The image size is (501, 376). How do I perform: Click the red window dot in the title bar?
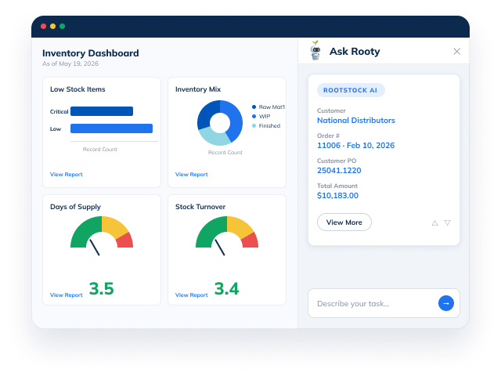tap(44, 26)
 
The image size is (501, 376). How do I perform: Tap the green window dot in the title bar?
tap(63, 26)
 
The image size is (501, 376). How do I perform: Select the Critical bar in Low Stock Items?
tap(102, 111)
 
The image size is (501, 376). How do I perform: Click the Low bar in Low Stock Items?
tap(111, 128)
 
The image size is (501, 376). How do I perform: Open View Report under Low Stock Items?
tap(66, 174)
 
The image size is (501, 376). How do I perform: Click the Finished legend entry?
tap(266, 125)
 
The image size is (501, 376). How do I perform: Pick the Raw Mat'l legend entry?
tap(268, 107)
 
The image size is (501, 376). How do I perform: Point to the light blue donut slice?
tap(213, 136)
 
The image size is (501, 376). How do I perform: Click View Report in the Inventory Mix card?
tap(191, 174)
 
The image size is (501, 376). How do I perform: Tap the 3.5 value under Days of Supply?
tap(101, 288)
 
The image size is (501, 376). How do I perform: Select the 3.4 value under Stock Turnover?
tap(226, 288)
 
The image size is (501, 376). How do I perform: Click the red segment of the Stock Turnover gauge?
tap(251, 241)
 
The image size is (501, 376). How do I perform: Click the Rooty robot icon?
tap(315, 50)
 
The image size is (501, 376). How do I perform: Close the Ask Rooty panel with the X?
tap(457, 52)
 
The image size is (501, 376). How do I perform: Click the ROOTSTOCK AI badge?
tap(351, 90)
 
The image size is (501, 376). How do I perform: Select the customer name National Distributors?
tap(356, 120)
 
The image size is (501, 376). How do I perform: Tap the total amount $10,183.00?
tap(337, 195)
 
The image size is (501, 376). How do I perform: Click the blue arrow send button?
tap(446, 303)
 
